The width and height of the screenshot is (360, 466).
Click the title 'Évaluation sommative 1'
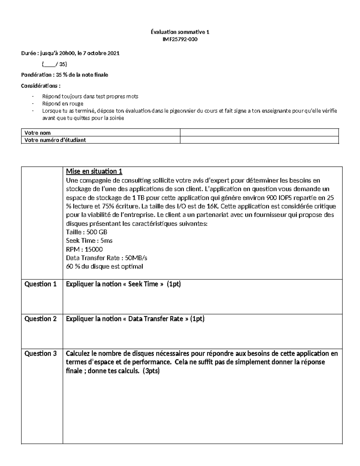(180, 32)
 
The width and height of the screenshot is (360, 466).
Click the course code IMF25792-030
(180, 39)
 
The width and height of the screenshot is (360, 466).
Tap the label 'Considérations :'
(40, 86)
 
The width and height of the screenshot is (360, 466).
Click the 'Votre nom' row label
(37, 133)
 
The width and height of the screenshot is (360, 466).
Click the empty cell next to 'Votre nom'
(259, 133)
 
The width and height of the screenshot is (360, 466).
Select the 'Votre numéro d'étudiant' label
(55, 140)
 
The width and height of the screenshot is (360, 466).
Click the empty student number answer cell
(259, 140)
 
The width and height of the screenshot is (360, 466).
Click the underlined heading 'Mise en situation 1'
(94, 171)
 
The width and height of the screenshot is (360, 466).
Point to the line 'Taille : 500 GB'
(86, 232)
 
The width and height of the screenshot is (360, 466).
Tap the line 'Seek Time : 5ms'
(89, 241)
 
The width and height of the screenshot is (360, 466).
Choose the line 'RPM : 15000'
(84, 249)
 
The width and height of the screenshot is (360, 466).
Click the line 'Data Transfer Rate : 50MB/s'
(106, 258)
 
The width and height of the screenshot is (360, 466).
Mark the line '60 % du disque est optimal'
(104, 266)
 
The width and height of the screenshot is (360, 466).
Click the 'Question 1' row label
(40, 284)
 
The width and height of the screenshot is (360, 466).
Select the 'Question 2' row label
(40, 319)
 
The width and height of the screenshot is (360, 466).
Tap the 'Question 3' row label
(40, 354)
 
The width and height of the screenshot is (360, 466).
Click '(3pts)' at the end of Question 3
(151, 371)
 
